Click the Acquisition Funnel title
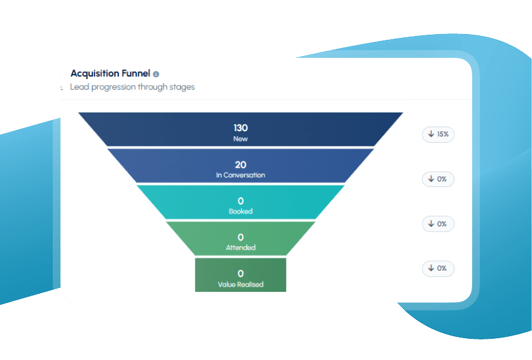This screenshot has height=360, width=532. [110, 73]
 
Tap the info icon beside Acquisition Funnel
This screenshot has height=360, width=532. [156, 74]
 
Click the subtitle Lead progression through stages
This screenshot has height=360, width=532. [133, 87]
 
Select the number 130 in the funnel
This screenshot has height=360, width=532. [241, 128]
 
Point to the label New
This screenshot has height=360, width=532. [241, 139]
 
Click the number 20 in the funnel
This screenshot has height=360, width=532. [241, 165]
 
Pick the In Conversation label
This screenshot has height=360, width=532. [241, 175]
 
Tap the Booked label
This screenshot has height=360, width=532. [241, 212]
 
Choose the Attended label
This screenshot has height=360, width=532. [241, 248]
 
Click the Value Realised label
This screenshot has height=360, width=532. [241, 284]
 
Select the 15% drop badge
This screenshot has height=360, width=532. [438, 134]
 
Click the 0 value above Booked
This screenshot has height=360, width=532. [241, 201]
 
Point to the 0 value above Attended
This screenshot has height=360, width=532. [241, 237]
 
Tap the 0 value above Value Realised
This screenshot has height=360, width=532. [241, 274]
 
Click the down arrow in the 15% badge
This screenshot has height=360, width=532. [431, 134]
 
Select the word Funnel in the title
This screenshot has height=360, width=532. [136, 73]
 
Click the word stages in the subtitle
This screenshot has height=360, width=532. [182, 87]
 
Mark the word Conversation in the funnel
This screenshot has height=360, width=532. [244, 175]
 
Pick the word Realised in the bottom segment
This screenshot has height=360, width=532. [250, 284]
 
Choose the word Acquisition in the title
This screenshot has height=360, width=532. [95, 73]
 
